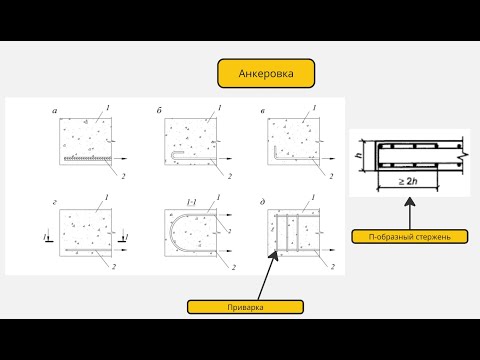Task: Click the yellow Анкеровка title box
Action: click(266, 73)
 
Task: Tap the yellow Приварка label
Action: click(245, 307)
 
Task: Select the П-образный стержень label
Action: click(410, 237)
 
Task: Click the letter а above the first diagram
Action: click(55, 110)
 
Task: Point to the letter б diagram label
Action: click(159, 110)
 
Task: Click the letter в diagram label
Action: click(263, 111)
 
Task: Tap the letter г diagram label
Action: click(54, 202)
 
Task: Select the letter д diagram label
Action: click(263, 202)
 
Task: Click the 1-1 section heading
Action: click(192, 202)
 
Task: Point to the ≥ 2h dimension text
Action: click(408, 181)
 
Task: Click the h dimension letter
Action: click(359, 155)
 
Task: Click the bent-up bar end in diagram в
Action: click(275, 151)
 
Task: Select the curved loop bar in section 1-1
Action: click(171, 232)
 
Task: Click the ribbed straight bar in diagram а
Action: click(87, 158)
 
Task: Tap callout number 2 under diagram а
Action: click(123, 176)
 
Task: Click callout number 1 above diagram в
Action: click(314, 108)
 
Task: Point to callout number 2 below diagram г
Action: click(114, 267)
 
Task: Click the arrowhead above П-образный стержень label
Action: click(410, 202)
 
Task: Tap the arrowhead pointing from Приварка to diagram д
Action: click(275, 256)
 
